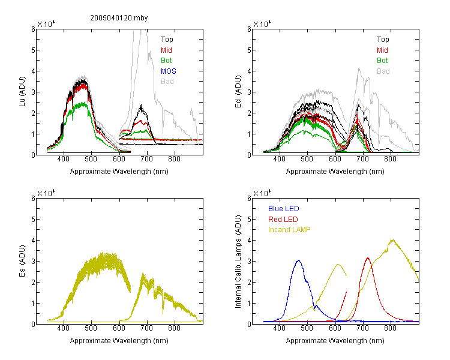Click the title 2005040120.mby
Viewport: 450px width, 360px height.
click(119, 18)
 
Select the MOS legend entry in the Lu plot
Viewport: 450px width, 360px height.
click(169, 71)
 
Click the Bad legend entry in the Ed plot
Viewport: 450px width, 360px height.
click(383, 71)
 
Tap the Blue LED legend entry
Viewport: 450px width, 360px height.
click(284, 209)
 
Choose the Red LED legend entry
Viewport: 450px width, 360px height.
click(283, 220)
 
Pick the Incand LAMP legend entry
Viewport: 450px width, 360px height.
click(289, 230)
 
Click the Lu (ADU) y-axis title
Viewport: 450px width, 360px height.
click(22, 92)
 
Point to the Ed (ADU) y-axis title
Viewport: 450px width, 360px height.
click(238, 92)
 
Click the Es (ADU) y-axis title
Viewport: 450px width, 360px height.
click(22, 261)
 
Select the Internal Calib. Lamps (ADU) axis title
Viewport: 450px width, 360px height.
click(238, 262)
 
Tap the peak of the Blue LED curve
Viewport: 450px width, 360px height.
click(299, 260)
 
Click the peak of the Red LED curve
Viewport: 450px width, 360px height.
click(368, 258)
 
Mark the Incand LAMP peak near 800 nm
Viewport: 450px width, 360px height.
click(392, 240)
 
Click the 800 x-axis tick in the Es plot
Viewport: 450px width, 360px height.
click(174, 328)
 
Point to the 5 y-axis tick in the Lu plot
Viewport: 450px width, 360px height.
click(33, 50)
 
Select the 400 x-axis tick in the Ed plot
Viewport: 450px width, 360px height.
click(279, 159)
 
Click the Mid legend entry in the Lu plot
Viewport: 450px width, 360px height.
click(166, 50)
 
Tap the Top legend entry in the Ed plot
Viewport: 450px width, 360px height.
click(383, 40)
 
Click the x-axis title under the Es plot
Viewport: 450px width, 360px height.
click(119, 341)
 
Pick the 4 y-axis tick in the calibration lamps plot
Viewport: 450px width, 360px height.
click(249, 240)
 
